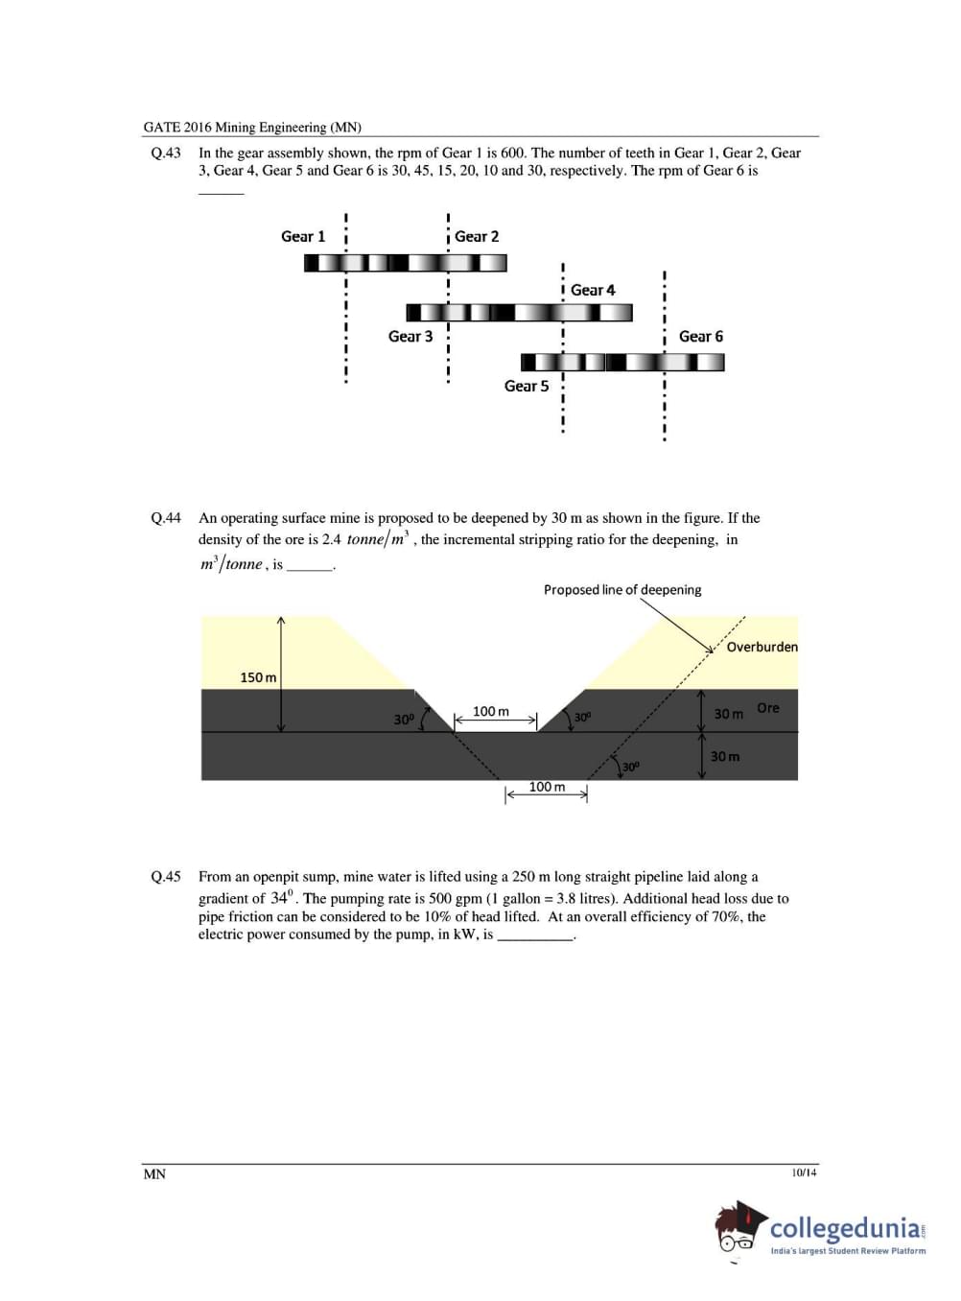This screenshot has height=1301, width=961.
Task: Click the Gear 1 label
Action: (303, 236)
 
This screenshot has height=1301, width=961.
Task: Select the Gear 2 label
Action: (477, 236)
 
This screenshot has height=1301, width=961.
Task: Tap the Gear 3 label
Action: (410, 336)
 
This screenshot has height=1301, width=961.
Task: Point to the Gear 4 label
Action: (593, 290)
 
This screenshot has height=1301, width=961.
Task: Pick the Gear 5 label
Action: (527, 386)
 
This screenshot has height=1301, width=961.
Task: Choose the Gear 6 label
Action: (701, 336)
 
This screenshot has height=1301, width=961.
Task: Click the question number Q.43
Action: (166, 153)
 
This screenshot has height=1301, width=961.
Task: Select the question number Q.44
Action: (166, 518)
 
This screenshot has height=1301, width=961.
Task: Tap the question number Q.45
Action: (166, 877)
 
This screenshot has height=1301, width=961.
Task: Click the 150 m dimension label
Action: (258, 677)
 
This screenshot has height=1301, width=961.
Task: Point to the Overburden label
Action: (762, 647)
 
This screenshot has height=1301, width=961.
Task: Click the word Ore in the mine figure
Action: (768, 708)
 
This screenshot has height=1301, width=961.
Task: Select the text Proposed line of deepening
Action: (622, 590)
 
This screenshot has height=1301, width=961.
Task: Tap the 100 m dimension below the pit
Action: (547, 787)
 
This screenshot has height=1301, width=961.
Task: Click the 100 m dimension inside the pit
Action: (491, 711)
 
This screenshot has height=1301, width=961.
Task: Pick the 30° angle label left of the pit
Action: (404, 719)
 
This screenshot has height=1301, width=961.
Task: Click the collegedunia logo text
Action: (845, 1228)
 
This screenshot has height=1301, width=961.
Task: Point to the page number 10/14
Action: (805, 1172)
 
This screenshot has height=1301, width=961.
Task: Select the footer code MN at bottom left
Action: (154, 1174)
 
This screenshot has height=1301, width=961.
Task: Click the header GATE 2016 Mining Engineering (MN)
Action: (252, 127)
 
